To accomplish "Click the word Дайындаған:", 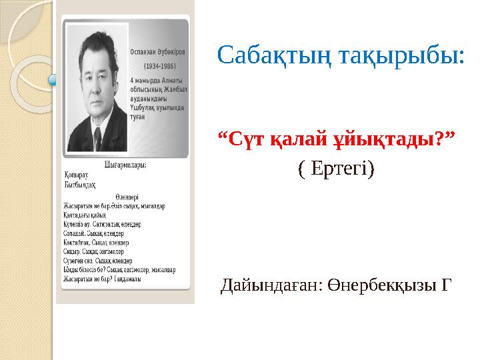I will click(272, 286).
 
